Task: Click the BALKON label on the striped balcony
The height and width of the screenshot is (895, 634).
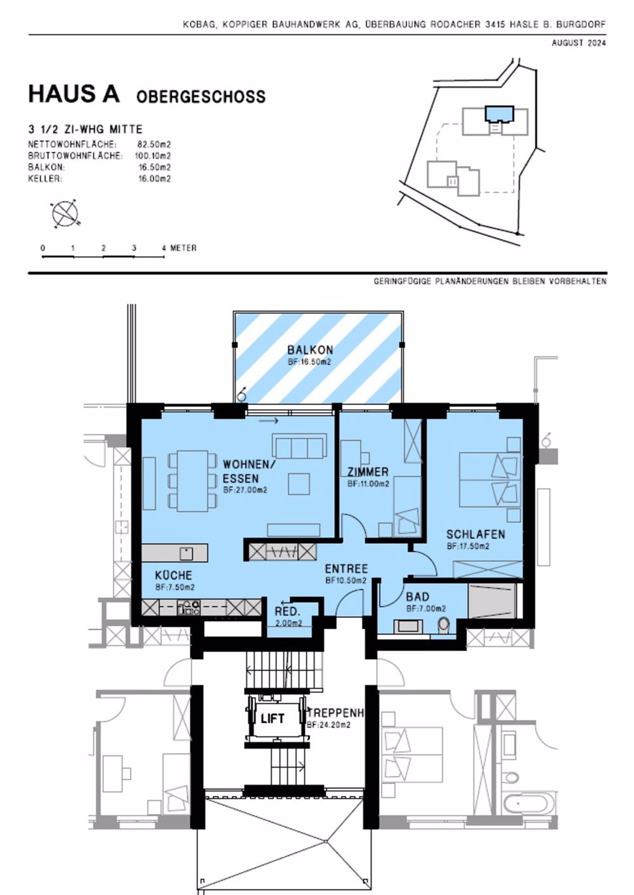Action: (x=310, y=350)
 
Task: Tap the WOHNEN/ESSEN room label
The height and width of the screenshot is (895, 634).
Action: (x=249, y=471)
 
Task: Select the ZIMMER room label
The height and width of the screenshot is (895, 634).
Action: (x=368, y=472)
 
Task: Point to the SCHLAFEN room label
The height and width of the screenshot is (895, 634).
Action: (x=475, y=534)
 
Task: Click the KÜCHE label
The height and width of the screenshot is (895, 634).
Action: (x=174, y=576)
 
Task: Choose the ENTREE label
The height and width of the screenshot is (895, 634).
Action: (x=346, y=569)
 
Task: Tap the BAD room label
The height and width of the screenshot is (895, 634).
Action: (x=417, y=596)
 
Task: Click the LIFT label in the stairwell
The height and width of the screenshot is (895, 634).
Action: (x=273, y=718)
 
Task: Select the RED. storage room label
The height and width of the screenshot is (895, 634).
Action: (x=287, y=612)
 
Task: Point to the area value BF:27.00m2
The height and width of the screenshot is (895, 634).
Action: (x=245, y=490)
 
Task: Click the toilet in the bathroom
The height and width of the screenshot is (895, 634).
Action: (x=443, y=625)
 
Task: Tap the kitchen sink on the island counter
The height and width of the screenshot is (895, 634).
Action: (x=186, y=553)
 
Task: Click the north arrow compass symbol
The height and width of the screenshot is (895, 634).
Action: (x=64, y=214)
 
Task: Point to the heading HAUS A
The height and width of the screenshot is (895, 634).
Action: (x=74, y=94)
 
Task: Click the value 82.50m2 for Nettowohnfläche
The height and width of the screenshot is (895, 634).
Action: (x=154, y=145)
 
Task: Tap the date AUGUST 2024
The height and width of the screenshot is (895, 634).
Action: (x=578, y=43)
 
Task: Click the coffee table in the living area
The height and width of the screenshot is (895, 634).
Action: (x=299, y=484)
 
